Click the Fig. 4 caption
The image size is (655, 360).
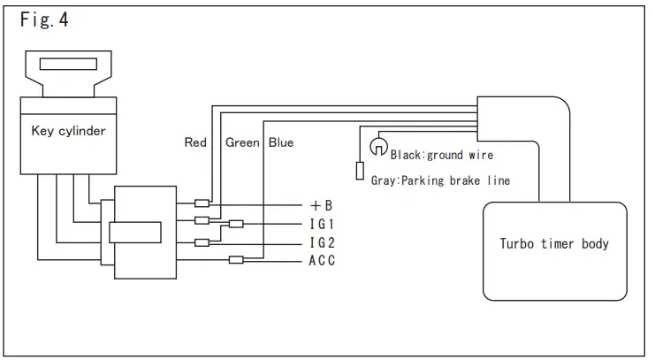(x=44, y=20)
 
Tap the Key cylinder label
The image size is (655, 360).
(x=68, y=131)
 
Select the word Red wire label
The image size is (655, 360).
(x=195, y=142)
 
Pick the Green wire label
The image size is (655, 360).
(x=242, y=142)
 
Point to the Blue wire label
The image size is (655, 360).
(x=281, y=142)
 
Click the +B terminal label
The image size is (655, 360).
(x=321, y=205)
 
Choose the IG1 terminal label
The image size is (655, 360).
(x=322, y=224)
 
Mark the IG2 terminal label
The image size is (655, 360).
(x=322, y=242)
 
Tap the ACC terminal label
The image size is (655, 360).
(x=322, y=261)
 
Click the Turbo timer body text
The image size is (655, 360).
(x=554, y=243)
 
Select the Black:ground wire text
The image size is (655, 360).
(x=442, y=155)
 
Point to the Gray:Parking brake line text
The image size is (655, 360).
(x=440, y=180)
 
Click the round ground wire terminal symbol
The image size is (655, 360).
(x=378, y=145)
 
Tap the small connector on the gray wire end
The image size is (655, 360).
(x=360, y=171)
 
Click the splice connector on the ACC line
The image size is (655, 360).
(x=236, y=259)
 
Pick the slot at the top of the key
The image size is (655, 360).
(x=68, y=65)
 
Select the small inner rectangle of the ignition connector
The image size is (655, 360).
(x=135, y=233)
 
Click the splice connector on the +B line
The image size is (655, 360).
(x=202, y=203)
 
